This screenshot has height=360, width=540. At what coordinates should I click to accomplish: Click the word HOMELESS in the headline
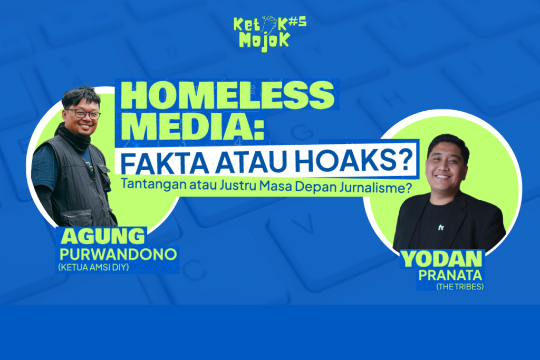(x=227, y=95)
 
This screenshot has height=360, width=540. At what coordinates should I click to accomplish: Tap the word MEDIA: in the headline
(x=192, y=125)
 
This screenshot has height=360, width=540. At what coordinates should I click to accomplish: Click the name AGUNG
(x=103, y=236)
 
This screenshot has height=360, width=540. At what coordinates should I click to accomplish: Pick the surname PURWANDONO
(x=118, y=254)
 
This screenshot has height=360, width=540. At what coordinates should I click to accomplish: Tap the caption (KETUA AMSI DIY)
(x=93, y=267)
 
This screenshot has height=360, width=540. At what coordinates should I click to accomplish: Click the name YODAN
(x=441, y=259)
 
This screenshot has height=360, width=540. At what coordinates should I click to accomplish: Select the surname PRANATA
(x=450, y=275)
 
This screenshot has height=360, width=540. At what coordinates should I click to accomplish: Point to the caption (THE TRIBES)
(x=460, y=286)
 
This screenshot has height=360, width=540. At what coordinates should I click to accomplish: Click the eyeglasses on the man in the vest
(x=84, y=114)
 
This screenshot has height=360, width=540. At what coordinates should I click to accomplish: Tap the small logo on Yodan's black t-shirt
(x=441, y=227)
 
